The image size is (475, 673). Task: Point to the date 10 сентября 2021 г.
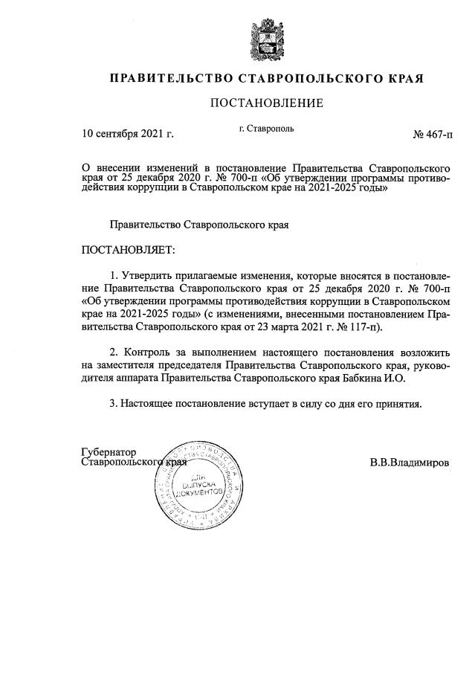coord(127,135)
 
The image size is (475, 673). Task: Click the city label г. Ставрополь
coord(266,128)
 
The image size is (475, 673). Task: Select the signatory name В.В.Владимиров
coord(409,462)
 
